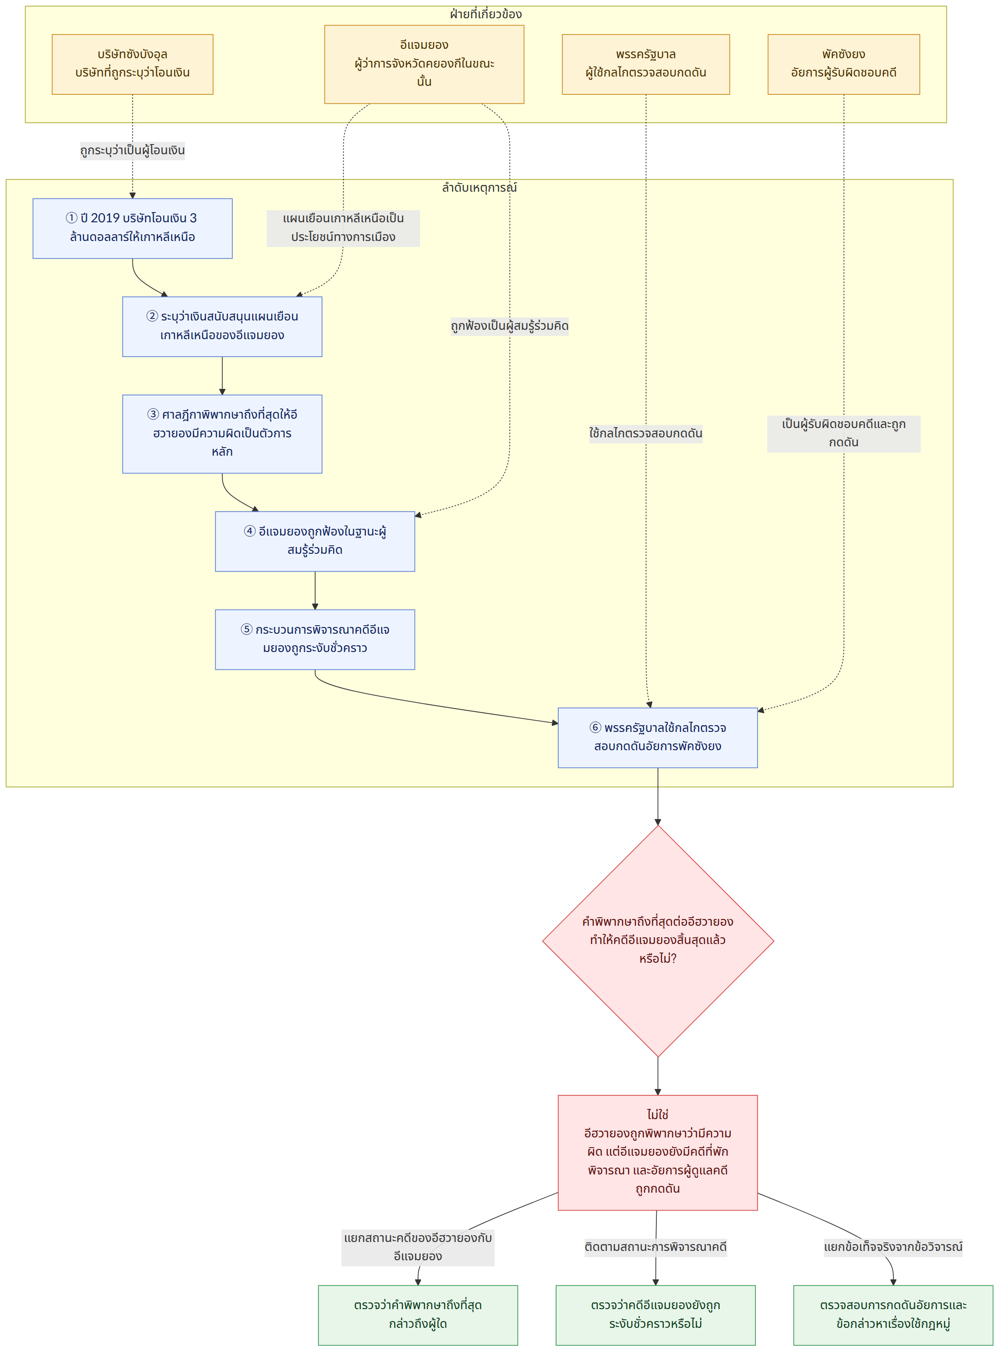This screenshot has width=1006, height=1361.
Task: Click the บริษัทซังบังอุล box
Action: tap(132, 64)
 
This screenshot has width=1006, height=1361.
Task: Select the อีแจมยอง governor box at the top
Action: tap(424, 64)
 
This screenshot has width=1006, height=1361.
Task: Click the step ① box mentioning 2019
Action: tap(132, 228)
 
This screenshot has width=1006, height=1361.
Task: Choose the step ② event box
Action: tap(222, 326)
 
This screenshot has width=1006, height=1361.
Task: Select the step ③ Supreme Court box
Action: tap(222, 434)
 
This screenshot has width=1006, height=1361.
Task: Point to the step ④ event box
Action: tap(315, 541)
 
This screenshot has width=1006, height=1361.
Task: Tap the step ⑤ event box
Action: tap(315, 639)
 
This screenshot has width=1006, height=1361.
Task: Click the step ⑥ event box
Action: tap(658, 737)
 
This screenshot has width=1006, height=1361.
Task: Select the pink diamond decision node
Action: tap(658, 941)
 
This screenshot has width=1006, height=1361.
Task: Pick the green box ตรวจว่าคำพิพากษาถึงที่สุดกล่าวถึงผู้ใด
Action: tap(418, 1315)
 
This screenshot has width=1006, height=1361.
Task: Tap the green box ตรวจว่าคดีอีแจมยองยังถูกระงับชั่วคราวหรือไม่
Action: tap(655, 1315)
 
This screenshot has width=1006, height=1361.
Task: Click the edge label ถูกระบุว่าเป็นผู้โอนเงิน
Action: tap(132, 150)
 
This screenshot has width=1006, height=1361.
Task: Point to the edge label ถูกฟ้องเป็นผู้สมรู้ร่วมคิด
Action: tap(510, 326)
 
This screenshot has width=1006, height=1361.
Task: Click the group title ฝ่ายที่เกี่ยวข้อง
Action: tap(485, 14)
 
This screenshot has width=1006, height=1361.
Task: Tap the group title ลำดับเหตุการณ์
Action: tap(479, 187)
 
